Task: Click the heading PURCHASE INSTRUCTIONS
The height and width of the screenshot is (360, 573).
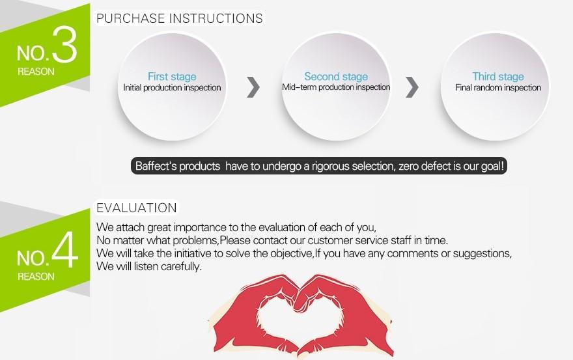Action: point(180,18)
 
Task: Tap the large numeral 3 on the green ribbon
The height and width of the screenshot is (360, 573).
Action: point(64,44)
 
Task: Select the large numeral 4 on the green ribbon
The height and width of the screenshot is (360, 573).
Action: point(65,250)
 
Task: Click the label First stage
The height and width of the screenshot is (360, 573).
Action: point(172,76)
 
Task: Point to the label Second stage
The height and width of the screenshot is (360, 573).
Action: point(336,76)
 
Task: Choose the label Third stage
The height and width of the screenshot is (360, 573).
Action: point(498,76)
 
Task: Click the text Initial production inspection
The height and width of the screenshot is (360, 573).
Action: point(172,88)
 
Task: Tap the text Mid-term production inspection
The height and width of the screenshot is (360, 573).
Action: point(336,87)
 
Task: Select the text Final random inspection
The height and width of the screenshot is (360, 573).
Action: point(498,88)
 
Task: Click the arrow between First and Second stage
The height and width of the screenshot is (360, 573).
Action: point(253,87)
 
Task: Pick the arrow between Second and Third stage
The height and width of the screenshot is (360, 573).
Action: point(412,87)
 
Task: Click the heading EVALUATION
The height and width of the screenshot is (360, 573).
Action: point(137,208)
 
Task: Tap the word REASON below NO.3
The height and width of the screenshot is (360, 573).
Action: point(36,72)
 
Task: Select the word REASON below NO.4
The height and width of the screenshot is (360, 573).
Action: point(36,277)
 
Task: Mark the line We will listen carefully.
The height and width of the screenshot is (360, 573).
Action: point(148,266)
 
